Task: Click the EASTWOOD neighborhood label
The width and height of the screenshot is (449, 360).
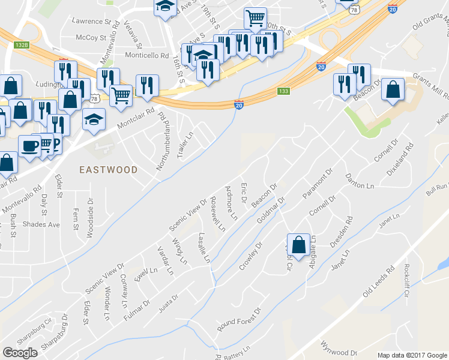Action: click(109, 170)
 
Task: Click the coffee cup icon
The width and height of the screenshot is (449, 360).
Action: click(29, 146)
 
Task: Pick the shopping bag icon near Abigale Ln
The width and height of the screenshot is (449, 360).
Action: click(298, 245)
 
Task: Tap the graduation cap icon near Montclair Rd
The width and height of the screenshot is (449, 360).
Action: click(94, 120)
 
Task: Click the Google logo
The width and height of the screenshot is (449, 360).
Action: click(20, 353)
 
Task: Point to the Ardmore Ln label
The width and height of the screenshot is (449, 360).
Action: click(230, 203)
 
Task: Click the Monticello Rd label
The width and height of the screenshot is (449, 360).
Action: click(146, 55)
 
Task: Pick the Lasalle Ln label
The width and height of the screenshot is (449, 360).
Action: click(205, 248)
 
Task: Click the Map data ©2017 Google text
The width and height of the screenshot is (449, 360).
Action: click(412, 355)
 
